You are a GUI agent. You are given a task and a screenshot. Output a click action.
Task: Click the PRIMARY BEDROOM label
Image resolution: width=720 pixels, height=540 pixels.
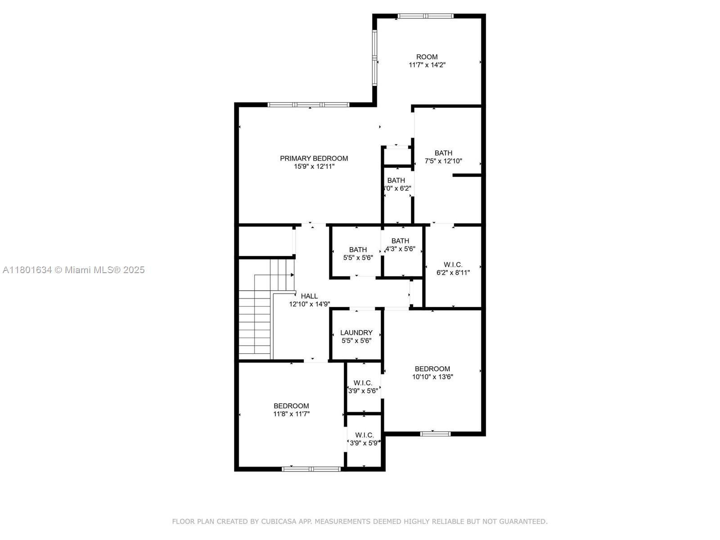pyautogui.click(x=314, y=158)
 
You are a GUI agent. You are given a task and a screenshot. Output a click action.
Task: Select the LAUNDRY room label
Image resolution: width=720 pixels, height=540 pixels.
pyautogui.click(x=356, y=333)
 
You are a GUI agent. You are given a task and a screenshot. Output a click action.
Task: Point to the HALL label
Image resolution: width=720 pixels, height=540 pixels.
pyautogui.click(x=309, y=296)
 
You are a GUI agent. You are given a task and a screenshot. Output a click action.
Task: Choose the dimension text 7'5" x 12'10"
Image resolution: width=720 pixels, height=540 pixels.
pyautogui.click(x=443, y=161)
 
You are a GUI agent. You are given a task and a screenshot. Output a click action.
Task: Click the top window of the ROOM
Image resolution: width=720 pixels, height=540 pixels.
pyautogui.click(x=425, y=16)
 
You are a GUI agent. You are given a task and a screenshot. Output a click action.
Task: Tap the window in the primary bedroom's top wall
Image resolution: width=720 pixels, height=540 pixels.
pyautogui.click(x=308, y=105)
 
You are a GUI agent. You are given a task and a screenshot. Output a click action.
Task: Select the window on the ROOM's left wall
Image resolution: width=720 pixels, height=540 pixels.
pyautogui.click(x=374, y=58)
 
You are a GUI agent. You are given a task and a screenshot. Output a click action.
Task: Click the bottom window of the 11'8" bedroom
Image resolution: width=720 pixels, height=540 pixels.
pyautogui.click(x=311, y=469)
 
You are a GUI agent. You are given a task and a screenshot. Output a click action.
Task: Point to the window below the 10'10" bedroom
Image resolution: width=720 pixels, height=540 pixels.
pyautogui.click(x=435, y=434)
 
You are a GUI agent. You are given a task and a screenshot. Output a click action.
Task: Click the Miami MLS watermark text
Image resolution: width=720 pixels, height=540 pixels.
pyautogui.click(x=74, y=270)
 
